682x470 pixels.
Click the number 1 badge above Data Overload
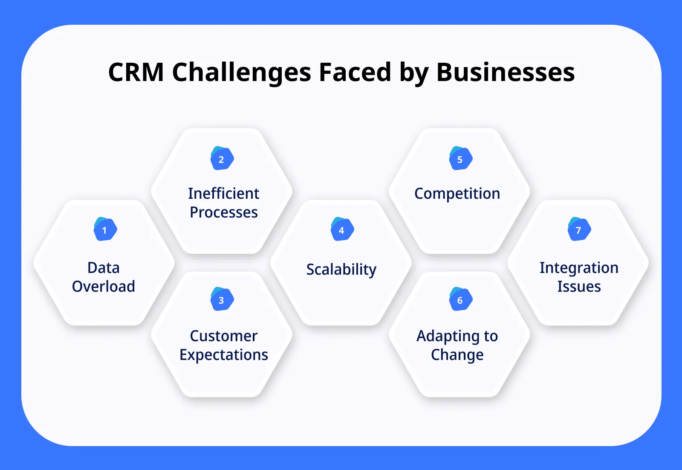coord(105,230)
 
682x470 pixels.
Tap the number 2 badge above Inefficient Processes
coord(222,159)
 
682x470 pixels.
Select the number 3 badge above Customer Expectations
coord(222,300)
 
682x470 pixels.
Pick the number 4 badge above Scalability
coord(342,230)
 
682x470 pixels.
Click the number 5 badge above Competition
coord(460,159)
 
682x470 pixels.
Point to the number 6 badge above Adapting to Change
coord(460,300)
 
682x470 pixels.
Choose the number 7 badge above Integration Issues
coord(579,230)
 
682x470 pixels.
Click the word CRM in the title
coord(136,73)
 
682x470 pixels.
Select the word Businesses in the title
coord(506,73)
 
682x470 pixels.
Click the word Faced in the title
coord(355,73)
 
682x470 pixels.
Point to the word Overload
coord(104,287)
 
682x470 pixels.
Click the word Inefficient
coord(224,194)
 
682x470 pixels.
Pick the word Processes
coord(224,212)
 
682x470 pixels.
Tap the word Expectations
coord(224,355)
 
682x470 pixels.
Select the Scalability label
coord(341,270)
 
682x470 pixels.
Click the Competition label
coord(457,194)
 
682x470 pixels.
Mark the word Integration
coord(579,268)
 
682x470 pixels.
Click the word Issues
coord(579,287)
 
